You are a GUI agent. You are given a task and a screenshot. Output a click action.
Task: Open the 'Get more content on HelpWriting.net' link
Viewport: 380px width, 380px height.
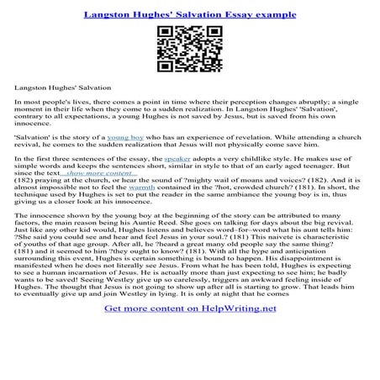point(189,332)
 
